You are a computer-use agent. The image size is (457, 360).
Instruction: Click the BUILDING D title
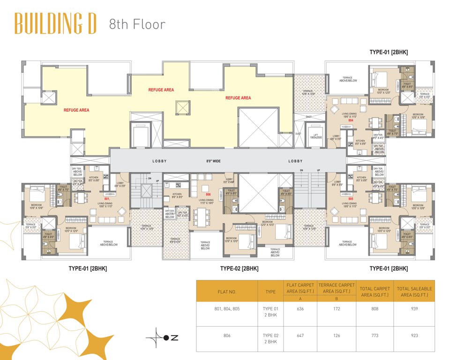(55, 23)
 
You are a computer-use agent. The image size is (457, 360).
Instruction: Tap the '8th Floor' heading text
(137, 24)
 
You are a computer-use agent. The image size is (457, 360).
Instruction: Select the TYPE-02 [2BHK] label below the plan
(239, 269)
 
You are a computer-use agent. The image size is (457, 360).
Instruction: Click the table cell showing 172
(337, 308)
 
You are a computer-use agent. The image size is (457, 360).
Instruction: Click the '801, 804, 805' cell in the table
(227, 308)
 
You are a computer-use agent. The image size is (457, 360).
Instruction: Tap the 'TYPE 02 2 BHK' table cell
(270, 338)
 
